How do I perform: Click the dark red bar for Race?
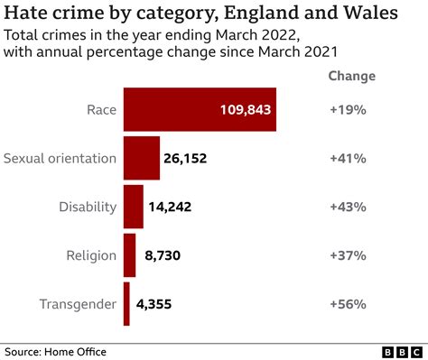172,109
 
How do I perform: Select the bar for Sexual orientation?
141,158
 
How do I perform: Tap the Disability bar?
133,207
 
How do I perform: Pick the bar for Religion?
129,255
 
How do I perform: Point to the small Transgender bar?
126,304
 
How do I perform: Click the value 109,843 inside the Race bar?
245,109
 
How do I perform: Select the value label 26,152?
185,158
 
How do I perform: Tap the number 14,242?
170,207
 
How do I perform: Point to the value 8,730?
163,255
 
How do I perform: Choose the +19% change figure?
348,109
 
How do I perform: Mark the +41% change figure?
348,158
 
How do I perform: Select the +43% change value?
348,207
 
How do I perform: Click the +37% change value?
348,255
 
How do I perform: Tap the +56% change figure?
348,304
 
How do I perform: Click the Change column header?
348,76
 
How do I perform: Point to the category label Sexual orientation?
60,158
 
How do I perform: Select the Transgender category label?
78,304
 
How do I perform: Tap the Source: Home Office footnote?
52,350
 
